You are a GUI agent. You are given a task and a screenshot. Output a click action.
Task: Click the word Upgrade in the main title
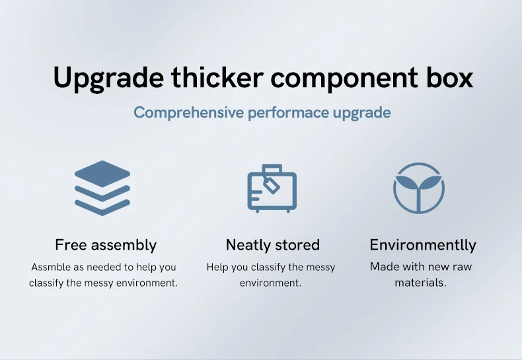coord(108,79)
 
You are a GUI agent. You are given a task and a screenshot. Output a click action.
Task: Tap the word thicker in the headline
coord(217,77)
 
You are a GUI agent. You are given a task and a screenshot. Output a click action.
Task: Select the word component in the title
coord(344,79)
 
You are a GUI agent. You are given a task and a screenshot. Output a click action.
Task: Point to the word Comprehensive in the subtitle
coord(189,113)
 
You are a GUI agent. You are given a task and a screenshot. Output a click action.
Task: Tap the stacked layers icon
coord(102,188)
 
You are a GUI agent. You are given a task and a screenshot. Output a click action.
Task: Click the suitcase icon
coord(272,188)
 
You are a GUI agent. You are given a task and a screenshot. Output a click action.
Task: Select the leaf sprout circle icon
coord(419,188)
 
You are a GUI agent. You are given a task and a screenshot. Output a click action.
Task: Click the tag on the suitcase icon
coord(272,185)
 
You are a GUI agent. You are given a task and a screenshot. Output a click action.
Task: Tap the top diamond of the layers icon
coord(102,173)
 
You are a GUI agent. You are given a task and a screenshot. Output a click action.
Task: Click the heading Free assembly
coord(106,245)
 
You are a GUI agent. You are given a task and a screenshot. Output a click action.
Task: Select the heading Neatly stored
coord(273,245)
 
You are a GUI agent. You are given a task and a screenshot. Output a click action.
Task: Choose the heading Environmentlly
coord(423,245)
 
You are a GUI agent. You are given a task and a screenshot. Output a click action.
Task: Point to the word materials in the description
coord(420,283)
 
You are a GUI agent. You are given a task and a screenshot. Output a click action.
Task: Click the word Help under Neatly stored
coord(217,267)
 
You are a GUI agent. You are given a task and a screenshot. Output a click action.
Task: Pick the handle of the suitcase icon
coord(272,168)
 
